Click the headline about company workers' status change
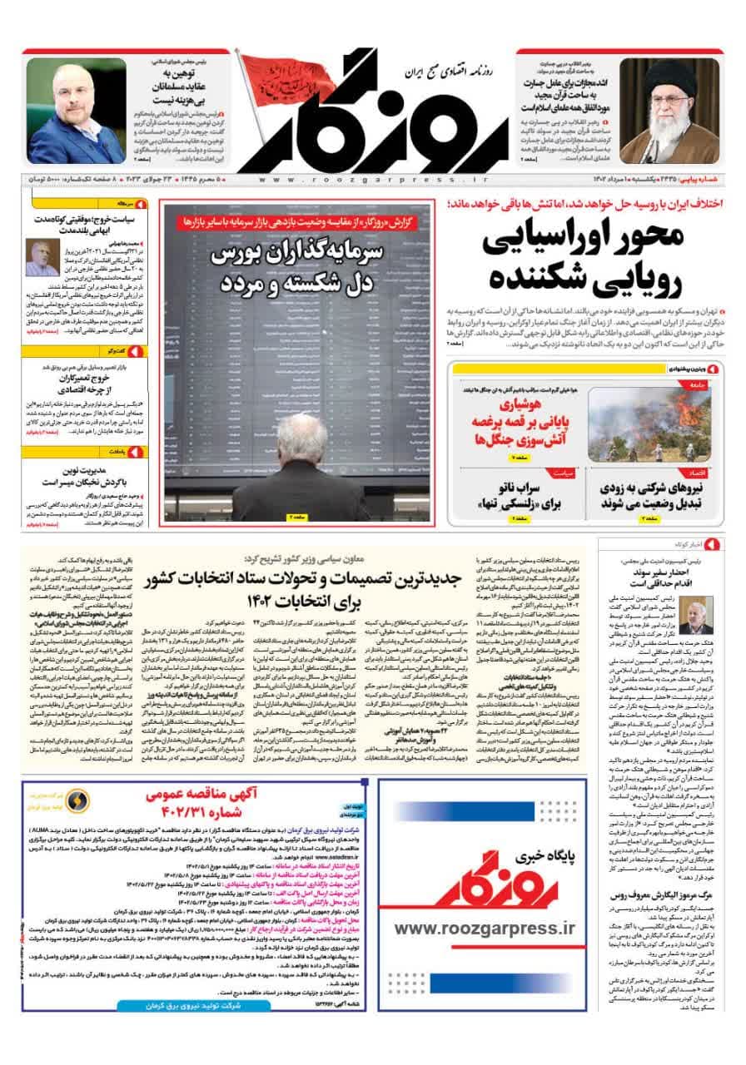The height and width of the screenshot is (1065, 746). [x=649, y=496]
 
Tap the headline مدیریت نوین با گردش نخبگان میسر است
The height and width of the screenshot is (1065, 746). [x=87, y=480]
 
